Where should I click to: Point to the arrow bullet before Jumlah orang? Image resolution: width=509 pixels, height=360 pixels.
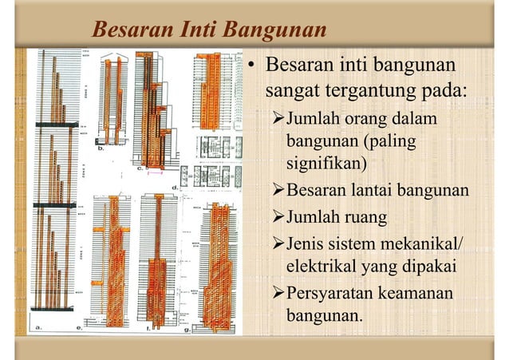(x=277, y=120)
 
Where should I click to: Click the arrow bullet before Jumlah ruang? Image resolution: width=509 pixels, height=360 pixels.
(x=277, y=216)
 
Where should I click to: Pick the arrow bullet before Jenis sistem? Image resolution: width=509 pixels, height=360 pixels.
(x=277, y=241)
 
